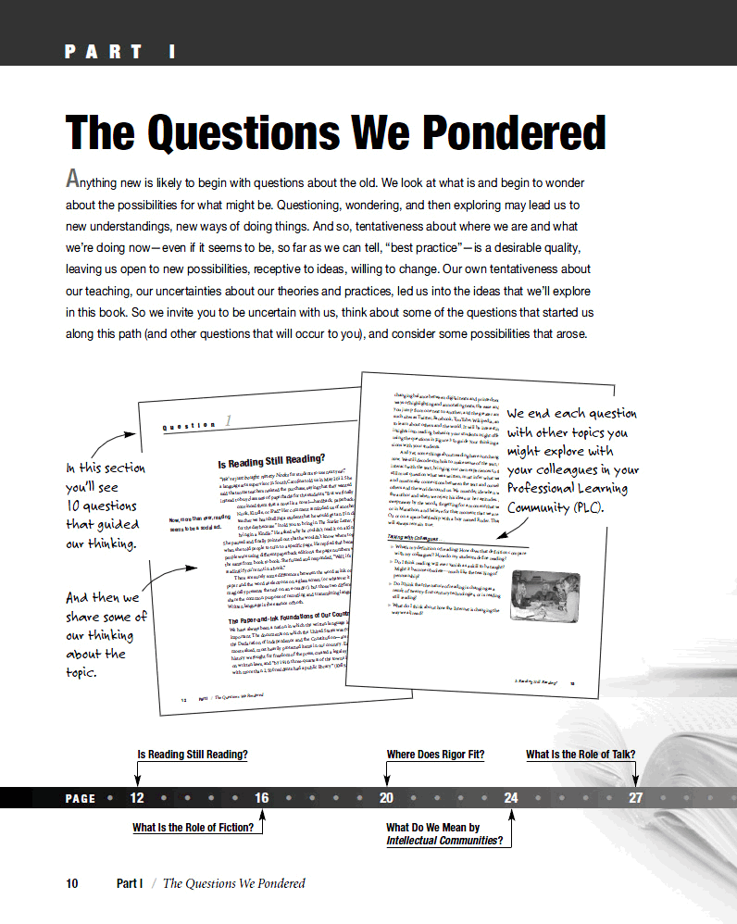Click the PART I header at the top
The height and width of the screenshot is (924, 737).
click(120, 52)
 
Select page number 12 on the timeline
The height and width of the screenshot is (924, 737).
click(137, 798)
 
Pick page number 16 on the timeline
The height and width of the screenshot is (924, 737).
click(262, 798)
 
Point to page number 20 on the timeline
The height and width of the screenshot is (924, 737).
click(387, 798)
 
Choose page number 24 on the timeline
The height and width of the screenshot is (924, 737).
click(511, 798)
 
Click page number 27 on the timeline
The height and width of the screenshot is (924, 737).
click(635, 798)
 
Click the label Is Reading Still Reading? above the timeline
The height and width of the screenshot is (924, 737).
click(193, 755)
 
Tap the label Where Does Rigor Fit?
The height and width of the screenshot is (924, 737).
click(435, 755)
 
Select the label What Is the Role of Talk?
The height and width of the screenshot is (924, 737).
click(581, 755)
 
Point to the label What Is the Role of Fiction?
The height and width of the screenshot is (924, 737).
click(193, 828)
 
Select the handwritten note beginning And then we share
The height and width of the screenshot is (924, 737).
click(106, 635)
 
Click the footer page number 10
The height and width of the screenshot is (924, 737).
click(72, 883)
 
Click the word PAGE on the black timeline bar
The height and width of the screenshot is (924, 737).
click(81, 798)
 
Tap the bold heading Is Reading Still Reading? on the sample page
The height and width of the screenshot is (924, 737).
click(271, 461)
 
